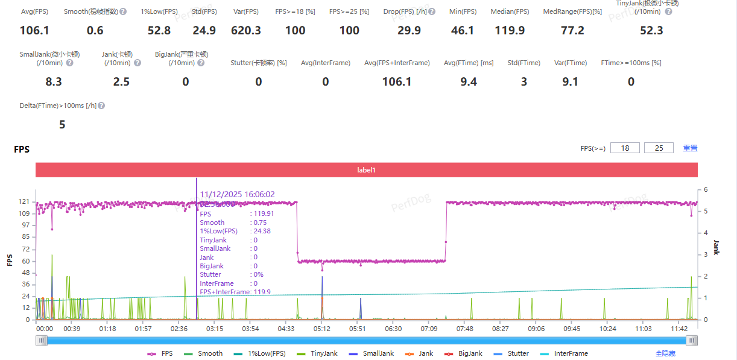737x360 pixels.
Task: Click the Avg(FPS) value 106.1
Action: click(x=34, y=31)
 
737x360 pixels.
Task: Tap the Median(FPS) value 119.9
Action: click(x=510, y=31)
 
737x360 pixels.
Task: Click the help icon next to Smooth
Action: click(x=123, y=11)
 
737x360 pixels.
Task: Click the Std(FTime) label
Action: click(x=523, y=63)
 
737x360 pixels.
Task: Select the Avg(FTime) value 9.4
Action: click(x=469, y=82)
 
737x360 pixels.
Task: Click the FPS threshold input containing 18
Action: click(x=625, y=148)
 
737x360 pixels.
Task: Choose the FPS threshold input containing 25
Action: click(x=659, y=148)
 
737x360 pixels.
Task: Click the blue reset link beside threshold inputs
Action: click(x=690, y=148)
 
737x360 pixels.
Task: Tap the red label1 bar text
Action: click(x=366, y=170)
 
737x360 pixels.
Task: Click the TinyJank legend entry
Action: click(x=319, y=354)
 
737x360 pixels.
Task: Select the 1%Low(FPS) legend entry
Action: click(x=263, y=354)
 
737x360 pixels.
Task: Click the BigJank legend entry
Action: click(x=465, y=354)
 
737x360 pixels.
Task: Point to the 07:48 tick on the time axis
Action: click(x=464, y=329)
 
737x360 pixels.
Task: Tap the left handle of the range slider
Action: click(x=42, y=341)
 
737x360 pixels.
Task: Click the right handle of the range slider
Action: click(x=692, y=341)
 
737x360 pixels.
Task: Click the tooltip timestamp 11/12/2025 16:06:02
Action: click(x=237, y=194)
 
